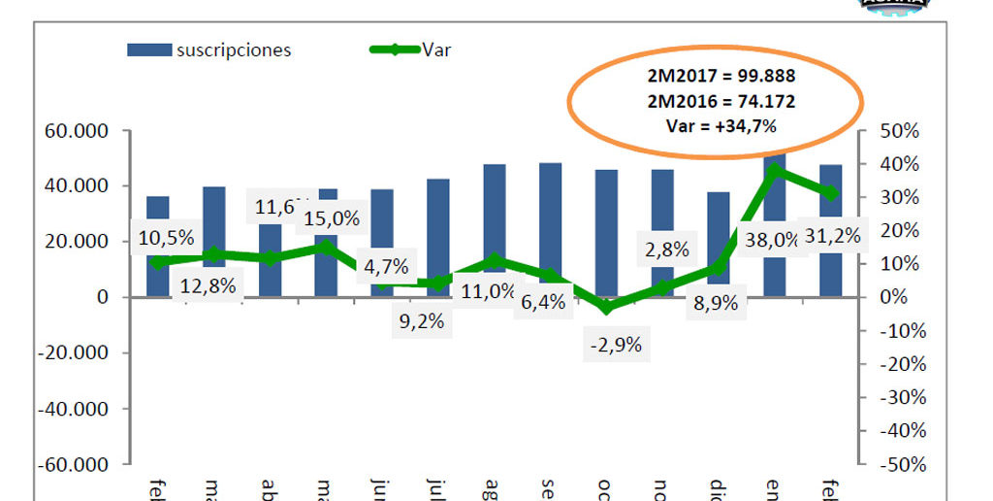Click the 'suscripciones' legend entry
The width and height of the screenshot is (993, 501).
click(233, 50)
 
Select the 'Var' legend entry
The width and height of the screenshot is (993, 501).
click(435, 50)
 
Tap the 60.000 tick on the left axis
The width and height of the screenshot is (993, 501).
click(81, 131)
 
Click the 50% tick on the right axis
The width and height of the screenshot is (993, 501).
click(901, 131)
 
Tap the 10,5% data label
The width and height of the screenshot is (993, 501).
click(166, 238)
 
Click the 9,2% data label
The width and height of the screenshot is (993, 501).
click(420, 321)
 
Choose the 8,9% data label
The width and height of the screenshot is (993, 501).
click(714, 302)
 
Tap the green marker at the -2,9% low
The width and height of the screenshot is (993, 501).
click(607, 307)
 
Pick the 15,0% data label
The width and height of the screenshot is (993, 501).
click(330, 218)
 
